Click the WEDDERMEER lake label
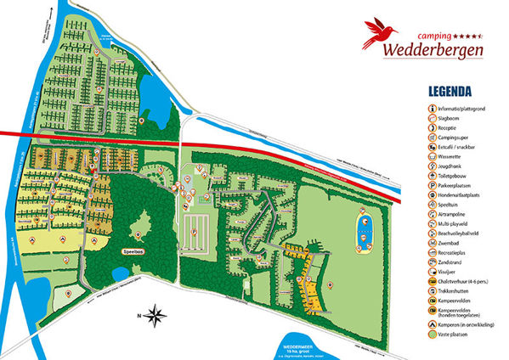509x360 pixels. (x=307, y=345)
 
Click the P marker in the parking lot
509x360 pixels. (x=195, y=230)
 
